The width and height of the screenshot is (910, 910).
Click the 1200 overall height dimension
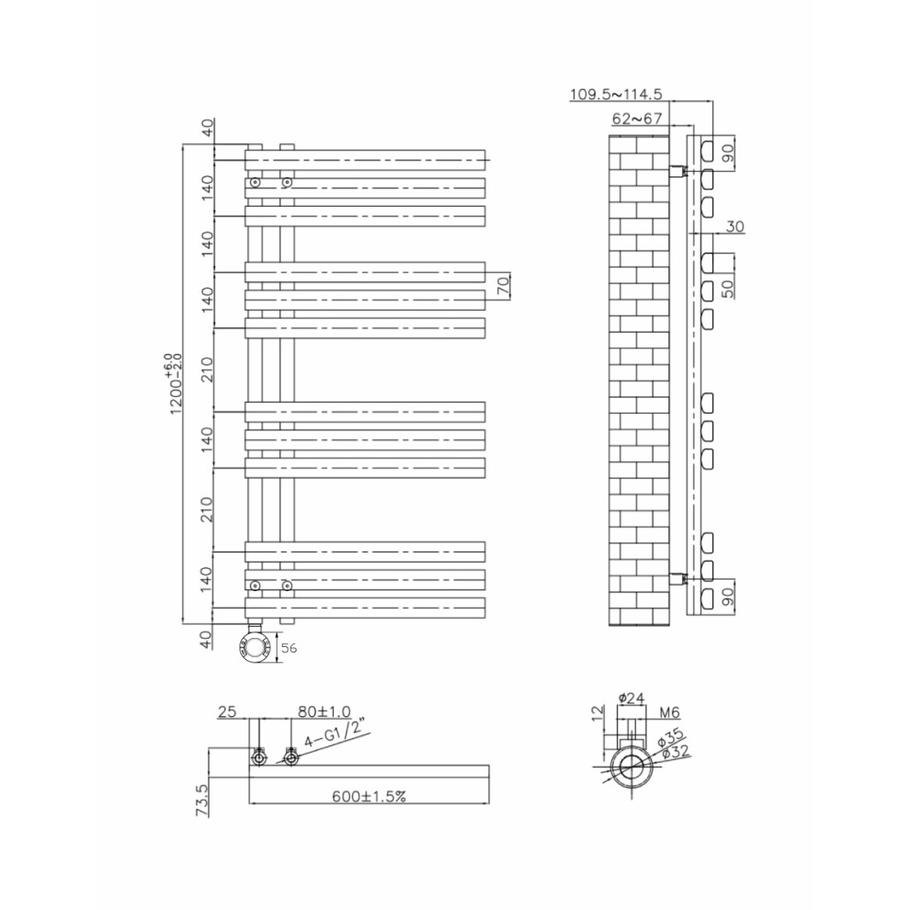(175, 384)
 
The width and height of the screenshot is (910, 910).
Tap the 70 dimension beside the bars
(503, 285)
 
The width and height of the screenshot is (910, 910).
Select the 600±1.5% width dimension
(369, 796)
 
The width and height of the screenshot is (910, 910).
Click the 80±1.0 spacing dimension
(324, 711)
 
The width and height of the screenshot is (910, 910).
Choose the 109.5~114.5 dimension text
(616, 94)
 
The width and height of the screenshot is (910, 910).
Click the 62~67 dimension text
(637, 119)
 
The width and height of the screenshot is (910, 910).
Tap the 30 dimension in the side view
(734, 226)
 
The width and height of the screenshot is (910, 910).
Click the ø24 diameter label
(631, 699)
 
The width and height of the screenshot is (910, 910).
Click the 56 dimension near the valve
(289, 648)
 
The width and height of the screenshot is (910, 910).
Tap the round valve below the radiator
(255, 647)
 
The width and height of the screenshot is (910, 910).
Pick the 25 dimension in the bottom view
(227, 711)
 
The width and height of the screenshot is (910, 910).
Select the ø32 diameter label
(676, 753)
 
